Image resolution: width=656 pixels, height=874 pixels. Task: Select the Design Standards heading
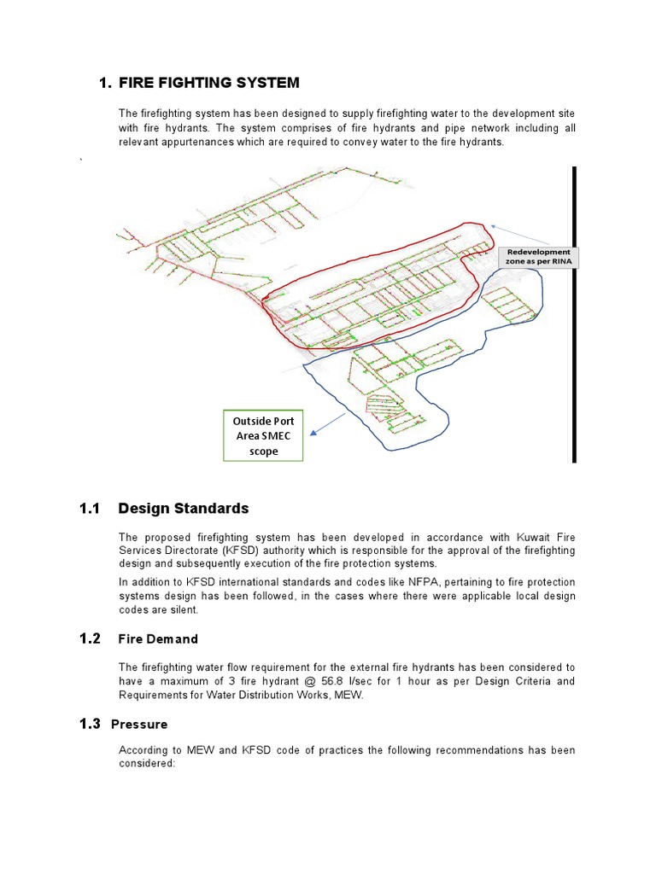tap(184, 509)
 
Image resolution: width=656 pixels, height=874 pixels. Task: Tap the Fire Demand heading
tap(158, 639)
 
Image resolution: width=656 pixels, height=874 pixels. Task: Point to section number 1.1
tap(90, 509)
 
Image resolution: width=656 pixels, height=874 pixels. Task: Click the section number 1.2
tap(90, 638)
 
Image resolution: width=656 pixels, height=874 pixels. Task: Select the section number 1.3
tap(90, 724)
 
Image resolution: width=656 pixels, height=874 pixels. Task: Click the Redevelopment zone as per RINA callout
tap(538, 257)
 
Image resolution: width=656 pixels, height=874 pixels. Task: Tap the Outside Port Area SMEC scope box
tap(263, 436)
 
